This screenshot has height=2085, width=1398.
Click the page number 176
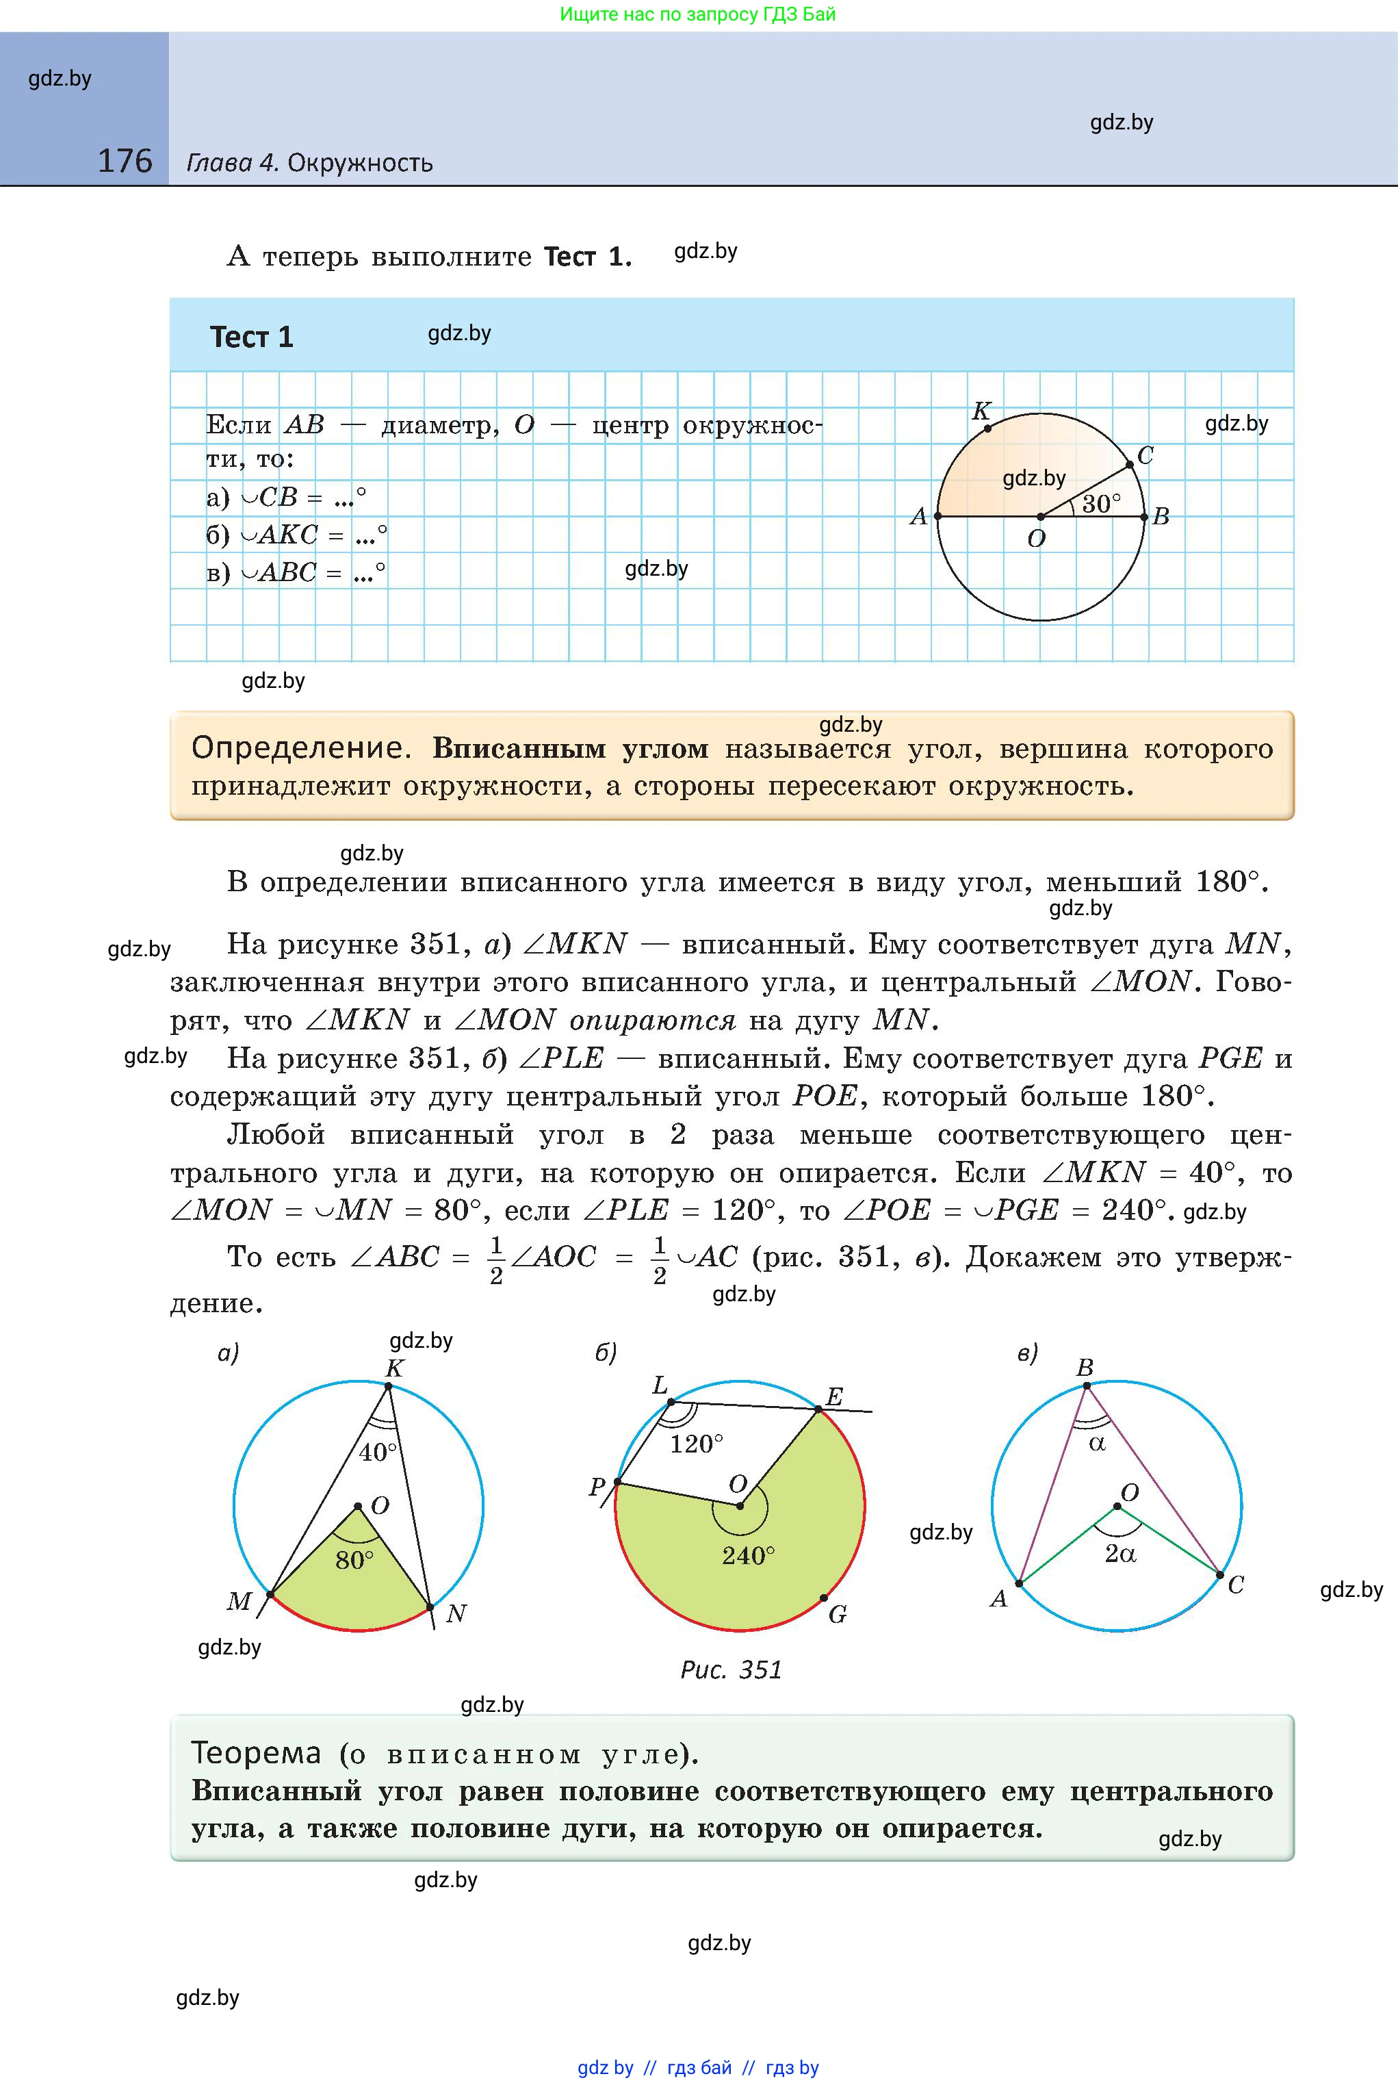pyautogui.click(x=125, y=161)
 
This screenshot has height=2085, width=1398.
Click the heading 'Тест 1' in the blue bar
pyautogui.click(x=251, y=337)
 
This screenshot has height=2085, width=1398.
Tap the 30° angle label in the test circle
pyautogui.click(x=1101, y=504)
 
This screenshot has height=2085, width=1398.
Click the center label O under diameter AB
pyautogui.click(x=1036, y=539)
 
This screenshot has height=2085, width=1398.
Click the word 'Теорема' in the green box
pyautogui.click(x=256, y=1752)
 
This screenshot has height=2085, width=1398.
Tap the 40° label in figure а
pyautogui.click(x=378, y=1452)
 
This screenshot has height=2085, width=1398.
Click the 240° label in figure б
pyautogui.click(x=748, y=1555)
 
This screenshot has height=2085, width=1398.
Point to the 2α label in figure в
pyautogui.click(x=1119, y=1554)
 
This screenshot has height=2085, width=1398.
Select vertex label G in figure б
pyautogui.click(x=837, y=1614)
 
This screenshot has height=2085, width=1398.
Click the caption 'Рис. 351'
pyautogui.click(x=731, y=1670)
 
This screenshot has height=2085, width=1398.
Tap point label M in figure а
pyautogui.click(x=239, y=1601)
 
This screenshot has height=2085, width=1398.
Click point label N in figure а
pyautogui.click(x=456, y=1613)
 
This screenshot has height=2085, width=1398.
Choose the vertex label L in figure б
pyautogui.click(x=660, y=1385)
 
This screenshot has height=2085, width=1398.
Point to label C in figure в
pyautogui.click(x=1236, y=1585)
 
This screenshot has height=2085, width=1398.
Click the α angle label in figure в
pyautogui.click(x=1098, y=1443)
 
